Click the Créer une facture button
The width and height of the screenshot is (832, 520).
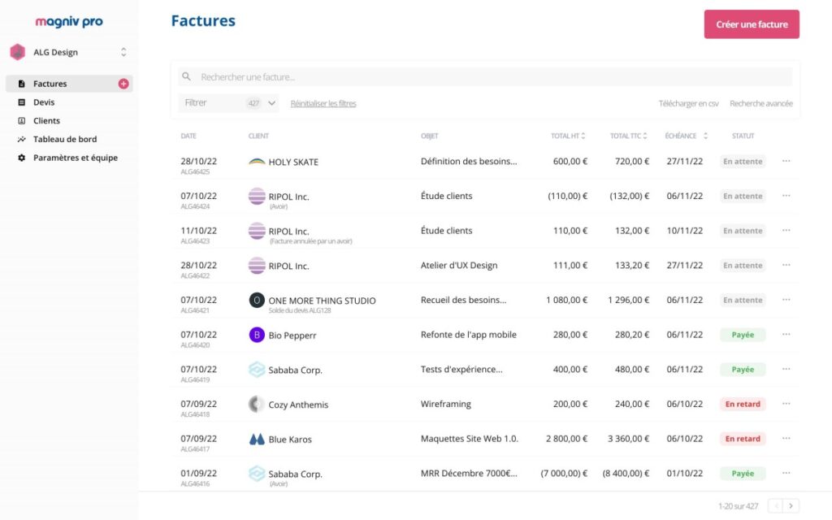tap(752, 24)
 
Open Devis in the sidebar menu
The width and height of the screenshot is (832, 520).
tap(44, 102)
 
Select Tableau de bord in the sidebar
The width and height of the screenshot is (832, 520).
tap(65, 139)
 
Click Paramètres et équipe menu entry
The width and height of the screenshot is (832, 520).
tap(75, 158)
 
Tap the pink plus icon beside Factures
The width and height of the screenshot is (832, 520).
tap(123, 84)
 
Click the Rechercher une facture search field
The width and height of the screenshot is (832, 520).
tap(485, 77)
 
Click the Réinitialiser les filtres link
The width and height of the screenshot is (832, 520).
tap(323, 103)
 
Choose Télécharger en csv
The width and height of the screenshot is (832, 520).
tap(688, 103)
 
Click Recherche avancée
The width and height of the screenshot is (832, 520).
tap(760, 103)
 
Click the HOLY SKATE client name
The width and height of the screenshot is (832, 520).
tap(293, 162)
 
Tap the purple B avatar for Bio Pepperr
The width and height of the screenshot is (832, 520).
tap(257, 335)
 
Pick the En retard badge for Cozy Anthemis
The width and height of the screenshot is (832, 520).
tap(743, 404)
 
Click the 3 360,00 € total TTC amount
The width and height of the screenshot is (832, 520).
tap(628, 439)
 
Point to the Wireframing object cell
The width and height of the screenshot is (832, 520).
tap(445, 404)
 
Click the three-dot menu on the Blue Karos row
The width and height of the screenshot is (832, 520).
tap(786, 439)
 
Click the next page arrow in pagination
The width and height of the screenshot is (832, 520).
tap(791, 505)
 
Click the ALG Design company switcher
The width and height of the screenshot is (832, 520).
tap(68, 52)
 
